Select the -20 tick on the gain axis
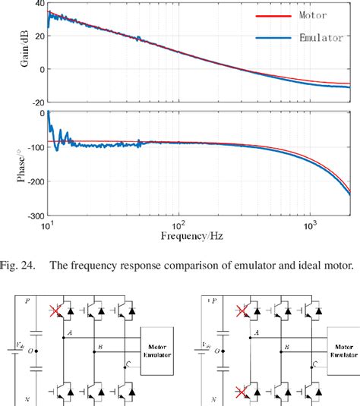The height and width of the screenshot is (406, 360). pos(33,101)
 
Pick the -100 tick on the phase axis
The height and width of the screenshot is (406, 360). pos(31,147)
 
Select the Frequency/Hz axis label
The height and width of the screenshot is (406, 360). pos(188,236)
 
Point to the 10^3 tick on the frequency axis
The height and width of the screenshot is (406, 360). pos(309,225)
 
